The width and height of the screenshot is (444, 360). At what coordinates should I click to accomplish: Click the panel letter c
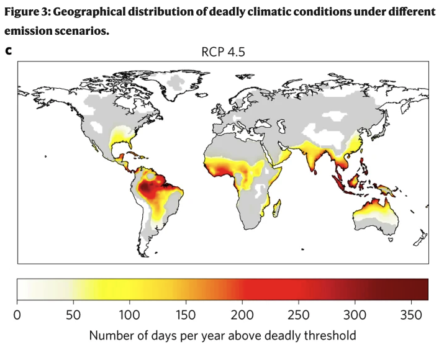[x=9, y=50]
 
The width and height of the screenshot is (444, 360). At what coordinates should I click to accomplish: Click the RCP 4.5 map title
[x=222, y=52]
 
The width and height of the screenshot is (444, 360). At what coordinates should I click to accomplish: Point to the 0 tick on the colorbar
[x=17, y=313]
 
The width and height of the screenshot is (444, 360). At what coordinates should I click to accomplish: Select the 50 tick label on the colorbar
[x=73, y=313]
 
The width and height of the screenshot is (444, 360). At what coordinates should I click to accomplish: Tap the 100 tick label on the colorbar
[x=129, y=313]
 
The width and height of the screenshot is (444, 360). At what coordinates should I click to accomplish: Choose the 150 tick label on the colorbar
[x=186, y=313]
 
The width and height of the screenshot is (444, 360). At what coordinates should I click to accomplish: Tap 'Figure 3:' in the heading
[x=29, y=12]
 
